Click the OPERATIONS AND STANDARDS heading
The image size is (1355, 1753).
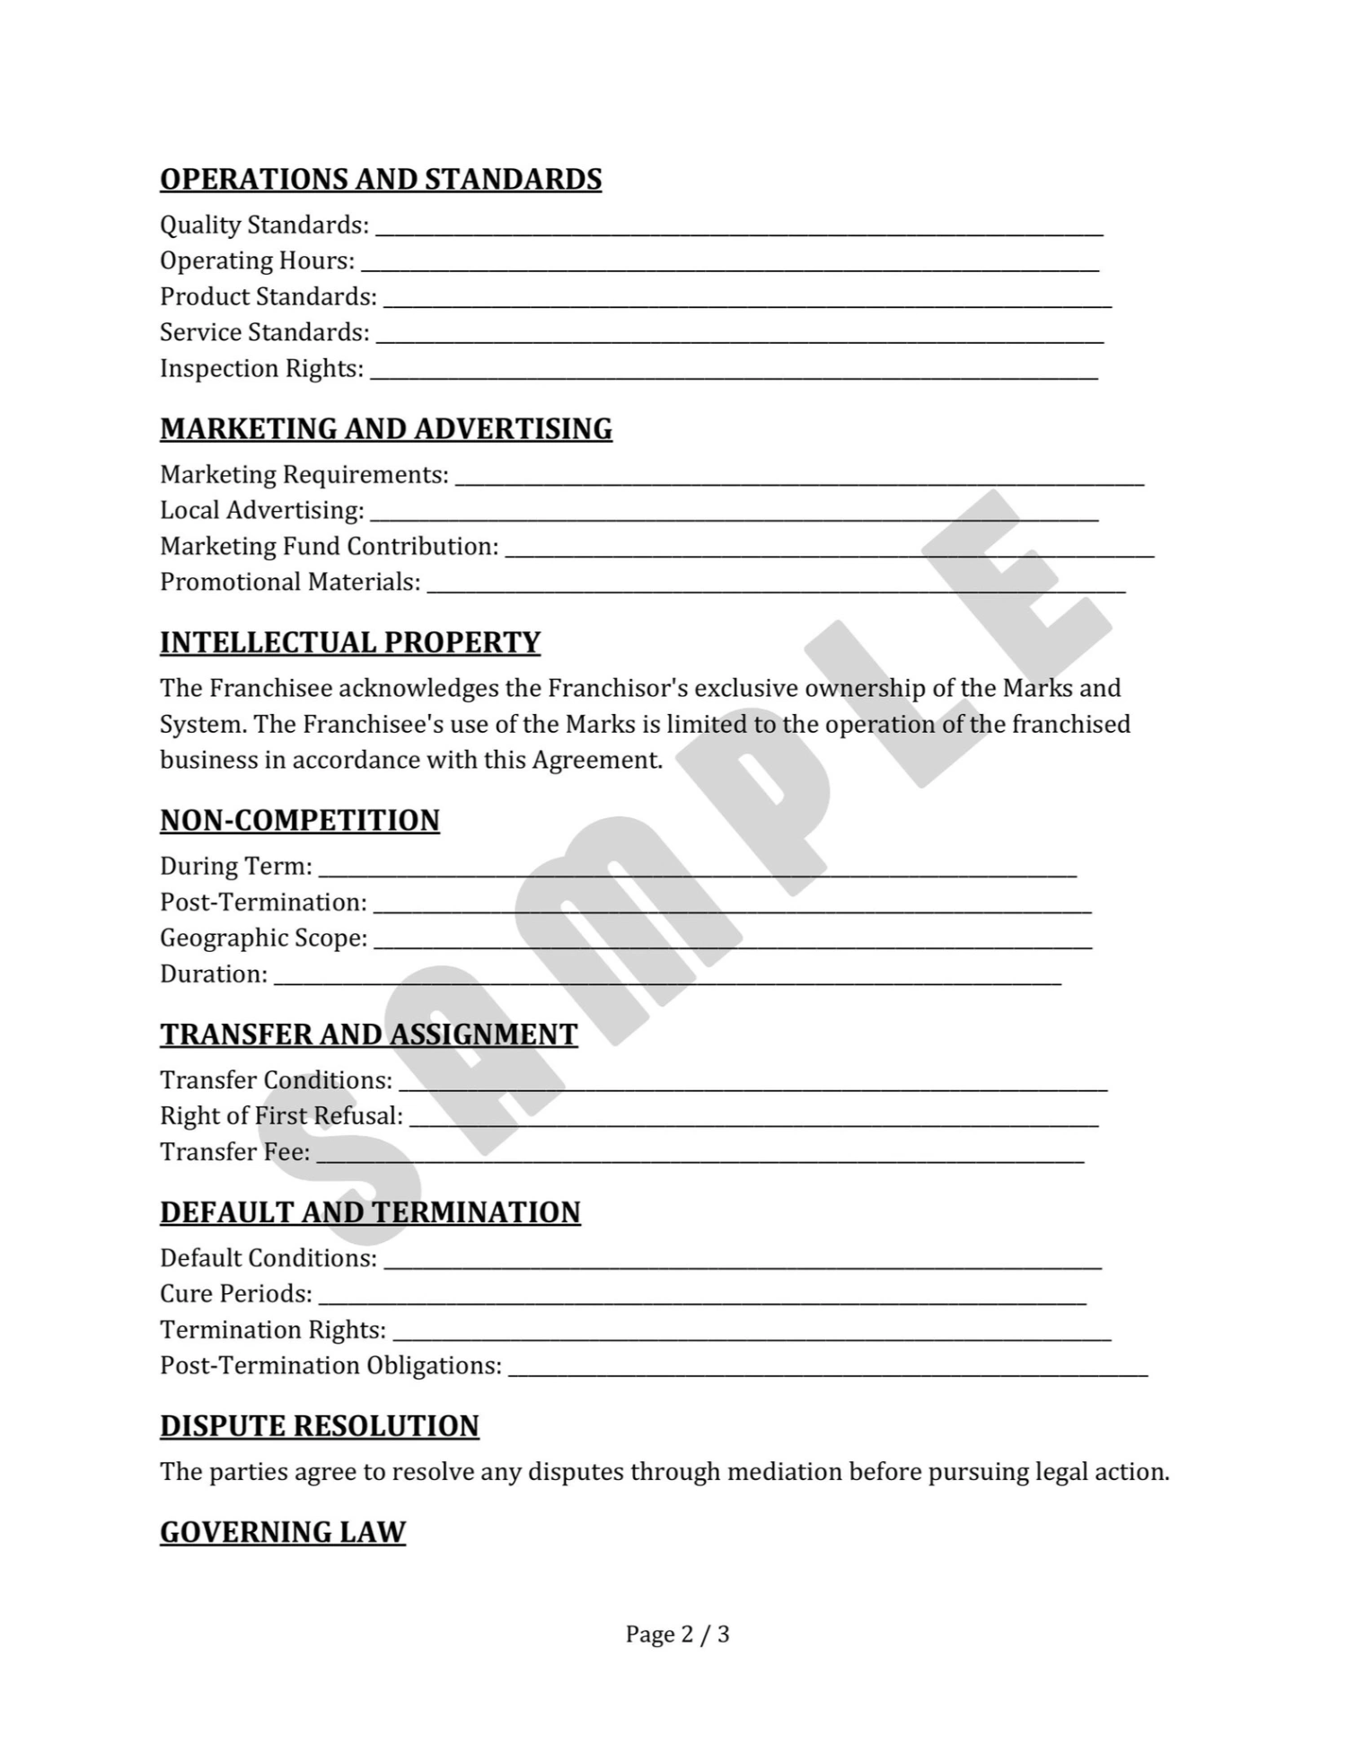coord(381,180)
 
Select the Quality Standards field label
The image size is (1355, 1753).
coord(264,225)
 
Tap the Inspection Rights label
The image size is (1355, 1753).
coord(261,368)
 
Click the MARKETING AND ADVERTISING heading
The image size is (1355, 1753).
coord(386,429)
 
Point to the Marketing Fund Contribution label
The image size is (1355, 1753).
coord(329,546)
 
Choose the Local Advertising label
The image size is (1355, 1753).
coord(261,510)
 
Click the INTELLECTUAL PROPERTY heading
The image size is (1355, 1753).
coord(350,643)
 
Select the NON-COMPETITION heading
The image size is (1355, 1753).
coord(300,821)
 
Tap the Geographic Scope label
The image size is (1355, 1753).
coord(263,938)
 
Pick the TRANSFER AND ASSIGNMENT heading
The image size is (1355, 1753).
coord(368,1035)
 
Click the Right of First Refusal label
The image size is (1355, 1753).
coord(281,1115)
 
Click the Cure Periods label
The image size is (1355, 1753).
coord(235,1293)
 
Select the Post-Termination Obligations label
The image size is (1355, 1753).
coord(330,1365)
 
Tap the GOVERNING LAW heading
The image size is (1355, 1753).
coord(283,1532)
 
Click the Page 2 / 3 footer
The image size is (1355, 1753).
coord(677,1634)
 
